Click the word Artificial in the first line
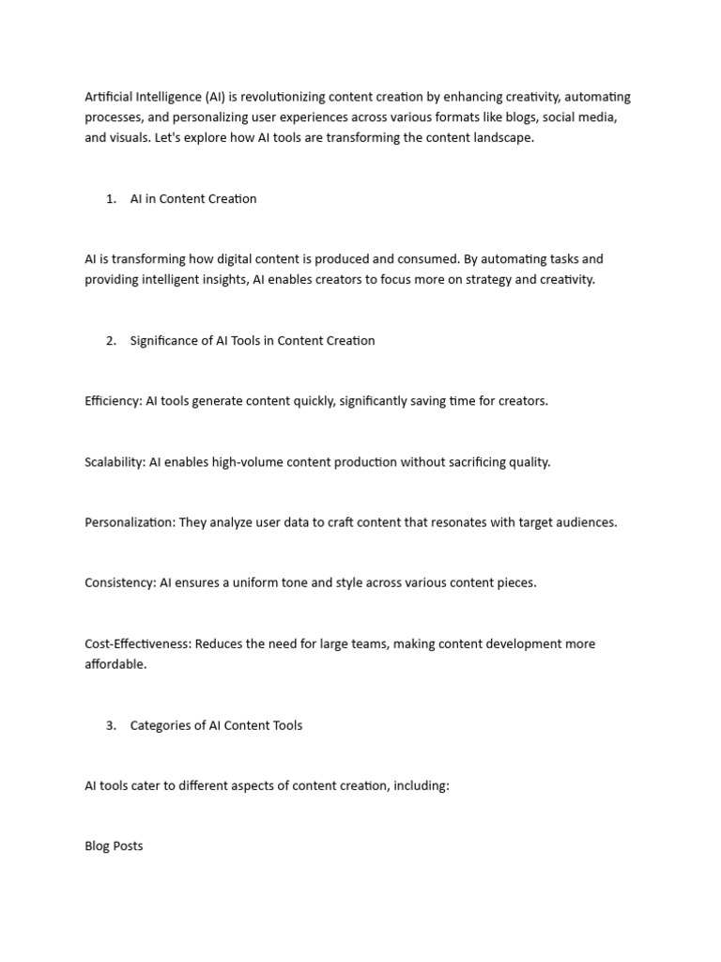[109, 97]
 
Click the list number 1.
[111, 199]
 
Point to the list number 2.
[111, 341]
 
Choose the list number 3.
[111, 725]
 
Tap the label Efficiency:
[113, 401]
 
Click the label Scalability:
[115, 462]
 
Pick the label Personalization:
[128, 522]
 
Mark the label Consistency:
[120, 582]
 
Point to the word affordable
[115, 664]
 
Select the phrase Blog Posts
[114, 846]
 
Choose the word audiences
[586, 522]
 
